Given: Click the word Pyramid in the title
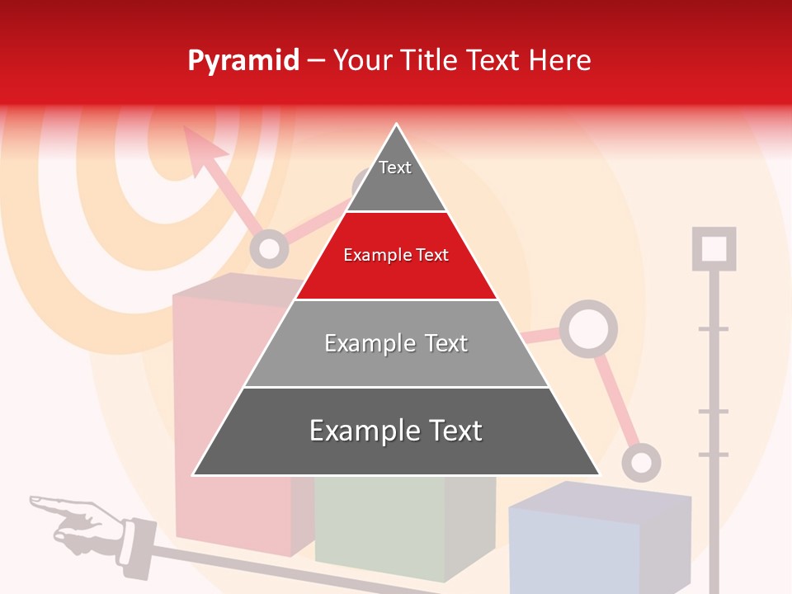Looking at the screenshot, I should coord(243,61).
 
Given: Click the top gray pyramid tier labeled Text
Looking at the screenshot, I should coord(395,177).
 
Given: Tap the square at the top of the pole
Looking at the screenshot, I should coord(714,248).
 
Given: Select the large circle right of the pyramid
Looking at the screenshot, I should coord(588,329).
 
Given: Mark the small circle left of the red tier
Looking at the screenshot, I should coord(268,248).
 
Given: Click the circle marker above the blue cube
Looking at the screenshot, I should coord(641,462).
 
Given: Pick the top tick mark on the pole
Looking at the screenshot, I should coord(714,329).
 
